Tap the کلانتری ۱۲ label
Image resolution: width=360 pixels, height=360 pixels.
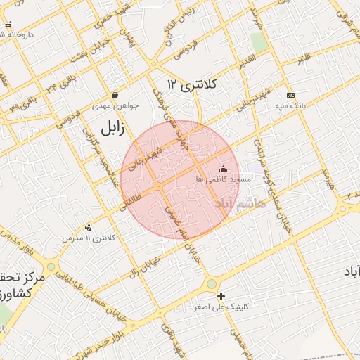point(193,84)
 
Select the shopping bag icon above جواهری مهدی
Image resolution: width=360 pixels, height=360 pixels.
point(115,95)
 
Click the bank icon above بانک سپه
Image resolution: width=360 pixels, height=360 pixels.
point(290,95)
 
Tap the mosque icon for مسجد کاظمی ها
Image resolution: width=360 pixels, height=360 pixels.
point(224,169)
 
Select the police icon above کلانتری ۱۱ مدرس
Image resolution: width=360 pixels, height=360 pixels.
point(88,227)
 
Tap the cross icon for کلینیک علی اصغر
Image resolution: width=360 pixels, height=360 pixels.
point(221,296)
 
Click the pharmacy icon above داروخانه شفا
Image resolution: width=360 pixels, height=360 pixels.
point(8,25)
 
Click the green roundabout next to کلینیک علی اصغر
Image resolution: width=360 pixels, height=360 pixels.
point(212,284)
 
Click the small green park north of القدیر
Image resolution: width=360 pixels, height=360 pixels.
point(259,42)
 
